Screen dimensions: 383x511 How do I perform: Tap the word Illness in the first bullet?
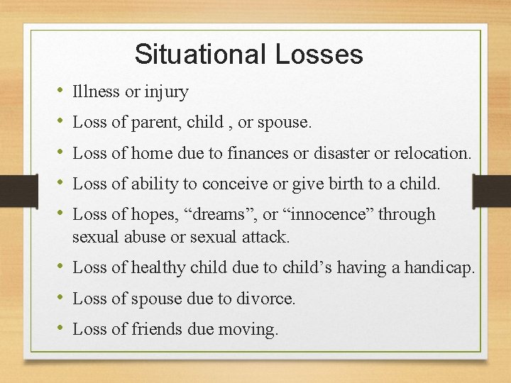[96, 91]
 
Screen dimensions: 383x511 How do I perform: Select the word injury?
[167, 92]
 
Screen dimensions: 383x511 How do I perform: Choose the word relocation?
[437, 153]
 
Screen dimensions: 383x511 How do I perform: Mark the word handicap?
[437, 267]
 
